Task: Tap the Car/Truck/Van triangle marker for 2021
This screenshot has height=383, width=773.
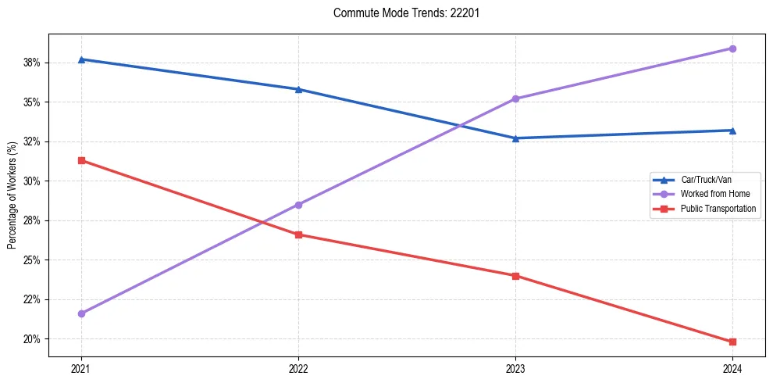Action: pyautogui.click(x=81, y=59)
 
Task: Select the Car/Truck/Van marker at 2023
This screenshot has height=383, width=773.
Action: pyautogui.click(x=515, y=138)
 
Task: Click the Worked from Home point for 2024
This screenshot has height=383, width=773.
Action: pyautogui.click(x=732, y=48)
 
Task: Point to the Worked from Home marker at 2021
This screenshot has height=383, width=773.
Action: pyautogui.click(x=81, y=313)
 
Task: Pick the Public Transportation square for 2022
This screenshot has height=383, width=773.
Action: pyautogui.click(x=298, y=234)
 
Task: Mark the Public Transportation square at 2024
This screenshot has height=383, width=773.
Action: pyautogui.click(x=732, y=342)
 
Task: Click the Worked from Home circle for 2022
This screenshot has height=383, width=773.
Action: pyautogui.click(x=298, y=205)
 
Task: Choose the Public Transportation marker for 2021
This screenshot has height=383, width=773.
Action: pyautogui.click(x=81, y=160)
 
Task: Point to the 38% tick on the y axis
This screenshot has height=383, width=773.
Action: pyautogui.click(x=32, y=63)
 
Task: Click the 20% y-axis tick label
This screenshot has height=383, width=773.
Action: pyautogui.click(x=32, y=339)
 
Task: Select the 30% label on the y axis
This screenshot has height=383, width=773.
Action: pyautogui.click(x=32, y=181)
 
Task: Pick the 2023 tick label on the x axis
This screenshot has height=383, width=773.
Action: pyautogui.click(x=515, y=368)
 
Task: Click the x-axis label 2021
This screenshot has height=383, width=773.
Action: pyautogui.click(x=81, y=368)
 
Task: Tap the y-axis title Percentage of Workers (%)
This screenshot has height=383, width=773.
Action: pyautogui.click(x=12, y=195)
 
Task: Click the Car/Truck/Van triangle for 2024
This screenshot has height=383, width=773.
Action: pyautogui.click(x=732, y=131)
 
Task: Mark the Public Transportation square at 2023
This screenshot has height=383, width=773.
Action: pyautogui.click(x=515, y=276)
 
